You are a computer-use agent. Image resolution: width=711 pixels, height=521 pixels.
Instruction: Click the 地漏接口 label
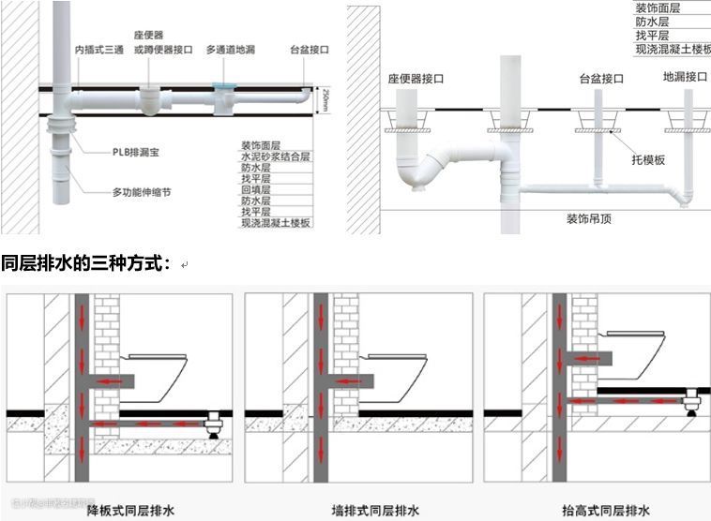click(x=684, y=77)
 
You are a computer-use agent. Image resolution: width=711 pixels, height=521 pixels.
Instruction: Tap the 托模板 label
click(x=647, y=160)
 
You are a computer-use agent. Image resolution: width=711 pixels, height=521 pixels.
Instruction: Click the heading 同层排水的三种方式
click(x=85, y=263)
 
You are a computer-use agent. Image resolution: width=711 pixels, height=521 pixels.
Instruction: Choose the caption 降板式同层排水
click(x=131, y=511)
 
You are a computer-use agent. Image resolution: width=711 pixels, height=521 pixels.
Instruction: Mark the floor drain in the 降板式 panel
click(x=212, y=423)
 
